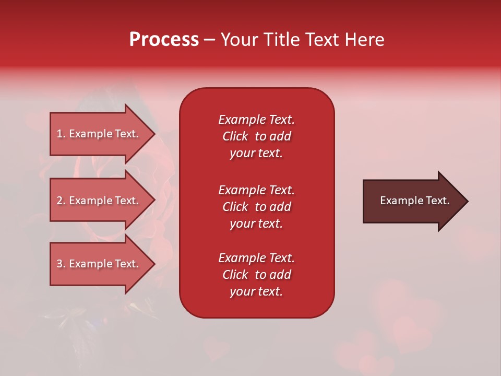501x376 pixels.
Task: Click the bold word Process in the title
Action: (164, 40)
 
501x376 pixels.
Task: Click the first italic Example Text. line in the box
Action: (256, 120)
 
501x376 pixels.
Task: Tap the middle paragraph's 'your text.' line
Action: (256, 224)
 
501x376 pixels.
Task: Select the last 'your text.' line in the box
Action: (256, 291)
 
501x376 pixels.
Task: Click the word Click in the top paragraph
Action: (235, 136)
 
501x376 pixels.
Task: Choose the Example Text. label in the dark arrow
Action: (414, 201)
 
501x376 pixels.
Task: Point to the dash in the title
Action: (209, 40)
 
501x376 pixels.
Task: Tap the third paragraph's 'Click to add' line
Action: (256, 275)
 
